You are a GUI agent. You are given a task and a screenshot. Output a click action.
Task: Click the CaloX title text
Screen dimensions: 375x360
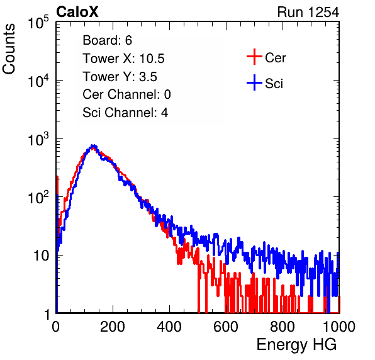[77, 12]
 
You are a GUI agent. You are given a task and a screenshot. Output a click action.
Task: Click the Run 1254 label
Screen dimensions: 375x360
[308, 12]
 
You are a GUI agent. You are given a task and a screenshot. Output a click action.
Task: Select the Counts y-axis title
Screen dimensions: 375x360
[9, 49]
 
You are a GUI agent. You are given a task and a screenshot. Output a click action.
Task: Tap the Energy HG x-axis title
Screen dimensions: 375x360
[296, 344]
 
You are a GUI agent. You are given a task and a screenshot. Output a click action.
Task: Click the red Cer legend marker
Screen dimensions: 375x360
[254, 57]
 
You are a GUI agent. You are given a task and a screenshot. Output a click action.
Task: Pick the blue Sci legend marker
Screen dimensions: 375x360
[254, 83]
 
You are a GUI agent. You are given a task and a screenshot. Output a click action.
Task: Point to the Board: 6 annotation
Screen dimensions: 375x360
[107, 40]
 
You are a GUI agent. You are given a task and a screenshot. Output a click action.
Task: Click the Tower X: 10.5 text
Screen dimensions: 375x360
[123, 59]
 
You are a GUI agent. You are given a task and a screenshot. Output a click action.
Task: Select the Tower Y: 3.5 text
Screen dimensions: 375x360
[120, 77]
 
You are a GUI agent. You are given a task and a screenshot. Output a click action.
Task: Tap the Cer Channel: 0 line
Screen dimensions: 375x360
[126, 94]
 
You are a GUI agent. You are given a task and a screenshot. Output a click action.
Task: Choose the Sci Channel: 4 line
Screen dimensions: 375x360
[125, 113]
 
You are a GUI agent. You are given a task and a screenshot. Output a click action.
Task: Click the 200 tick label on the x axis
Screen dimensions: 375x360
[113, 327]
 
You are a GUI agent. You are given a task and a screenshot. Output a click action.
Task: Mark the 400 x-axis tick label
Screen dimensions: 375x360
[169, 327]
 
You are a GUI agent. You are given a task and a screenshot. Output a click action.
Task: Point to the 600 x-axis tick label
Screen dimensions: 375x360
[226, 327]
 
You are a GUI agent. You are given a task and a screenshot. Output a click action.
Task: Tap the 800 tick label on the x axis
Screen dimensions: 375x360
[283, 327]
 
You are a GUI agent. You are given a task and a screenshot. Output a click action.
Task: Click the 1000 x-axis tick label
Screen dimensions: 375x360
[339, 327]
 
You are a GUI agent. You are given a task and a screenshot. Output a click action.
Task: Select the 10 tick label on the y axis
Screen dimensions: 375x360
[41, 256]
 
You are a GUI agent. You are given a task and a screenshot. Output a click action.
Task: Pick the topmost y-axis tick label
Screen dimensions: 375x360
[38, 22]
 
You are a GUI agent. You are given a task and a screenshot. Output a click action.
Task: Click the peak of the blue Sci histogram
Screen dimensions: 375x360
[94, 145]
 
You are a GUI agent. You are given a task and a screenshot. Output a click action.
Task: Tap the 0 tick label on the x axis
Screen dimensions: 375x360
[55, 327]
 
